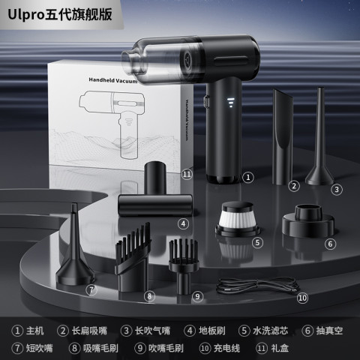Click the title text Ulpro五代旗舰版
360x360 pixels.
coord(60,15)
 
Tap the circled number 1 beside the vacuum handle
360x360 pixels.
coord(248,177)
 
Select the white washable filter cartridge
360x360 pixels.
coord(237,219)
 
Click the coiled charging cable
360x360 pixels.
coord(257,286)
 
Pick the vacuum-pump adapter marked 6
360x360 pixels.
coord(308,221)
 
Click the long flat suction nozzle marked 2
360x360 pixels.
coord(283,137)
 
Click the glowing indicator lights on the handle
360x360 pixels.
coord(231,103)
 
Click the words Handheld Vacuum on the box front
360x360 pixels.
coord(113,80)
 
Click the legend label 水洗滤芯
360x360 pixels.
coord(271,331)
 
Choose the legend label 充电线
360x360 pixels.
coord(226,348)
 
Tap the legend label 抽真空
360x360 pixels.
coord(329,331)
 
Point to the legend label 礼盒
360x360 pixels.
coord(280,348)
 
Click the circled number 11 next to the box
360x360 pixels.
coord(187,174)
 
